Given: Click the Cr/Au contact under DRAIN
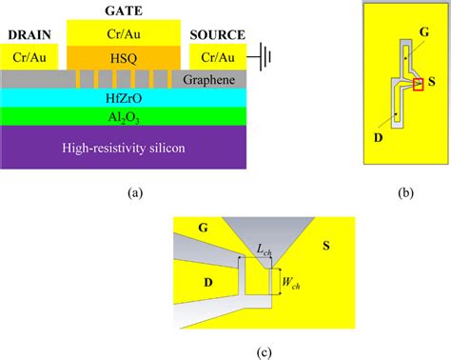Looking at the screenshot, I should (30, 56).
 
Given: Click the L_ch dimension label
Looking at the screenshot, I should (265, 250).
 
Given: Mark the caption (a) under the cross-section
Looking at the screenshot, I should (134, 192).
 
